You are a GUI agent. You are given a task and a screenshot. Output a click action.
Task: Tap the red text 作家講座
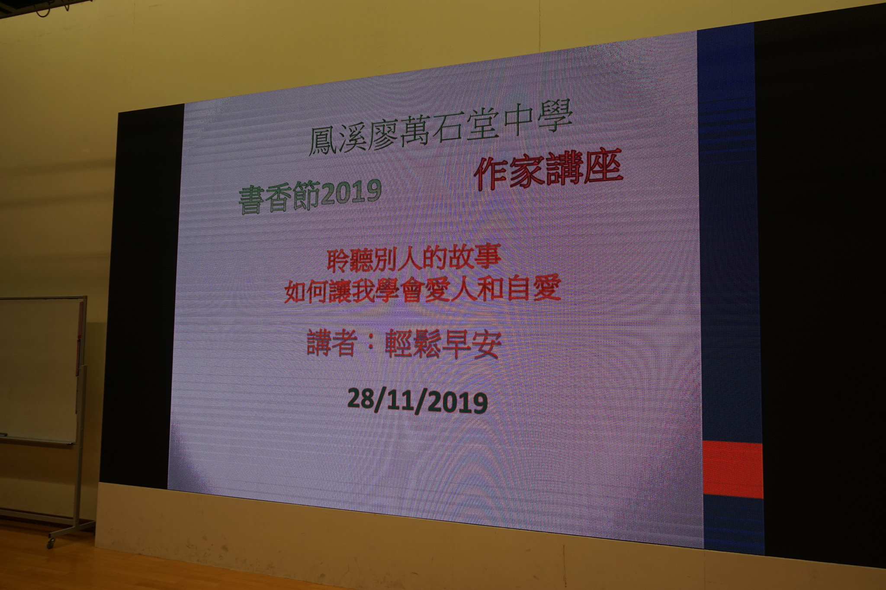click(x=549, y=170)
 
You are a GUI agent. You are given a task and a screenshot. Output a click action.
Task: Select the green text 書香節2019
click(x=310, y=196)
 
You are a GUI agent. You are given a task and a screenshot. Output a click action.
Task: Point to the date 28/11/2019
click(x=417, y=401)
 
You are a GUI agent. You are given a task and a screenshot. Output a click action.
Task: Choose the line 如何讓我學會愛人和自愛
click(x=422, y=289)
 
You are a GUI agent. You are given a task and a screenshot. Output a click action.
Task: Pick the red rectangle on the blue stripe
click(x=733, y=470)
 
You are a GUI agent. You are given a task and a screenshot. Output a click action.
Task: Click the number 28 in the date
click(x=363, y=399)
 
